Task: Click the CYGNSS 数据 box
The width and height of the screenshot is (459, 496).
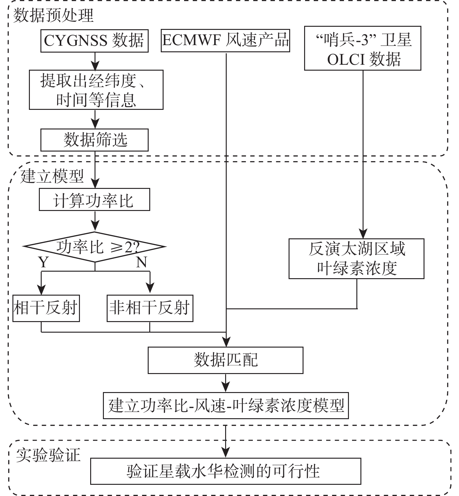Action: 94,41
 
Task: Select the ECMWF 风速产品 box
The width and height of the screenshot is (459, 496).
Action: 225,40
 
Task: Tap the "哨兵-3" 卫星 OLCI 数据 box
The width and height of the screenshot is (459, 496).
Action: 363,48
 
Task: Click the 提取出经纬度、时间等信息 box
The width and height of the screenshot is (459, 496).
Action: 96,90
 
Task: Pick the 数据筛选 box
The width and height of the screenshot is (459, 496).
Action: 94,140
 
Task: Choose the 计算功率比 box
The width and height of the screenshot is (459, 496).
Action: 94,199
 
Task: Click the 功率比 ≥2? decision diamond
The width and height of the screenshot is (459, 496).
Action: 95,247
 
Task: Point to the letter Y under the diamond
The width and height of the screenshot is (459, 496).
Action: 43,262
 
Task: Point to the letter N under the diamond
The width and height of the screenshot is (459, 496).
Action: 141,262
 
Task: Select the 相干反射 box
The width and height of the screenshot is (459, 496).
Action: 46,308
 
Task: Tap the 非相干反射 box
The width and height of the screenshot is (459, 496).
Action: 150,308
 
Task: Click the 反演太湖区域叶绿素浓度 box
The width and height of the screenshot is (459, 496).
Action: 356,259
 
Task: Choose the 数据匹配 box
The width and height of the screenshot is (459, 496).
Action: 225,360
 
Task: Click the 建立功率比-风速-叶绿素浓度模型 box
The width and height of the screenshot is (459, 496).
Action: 226,406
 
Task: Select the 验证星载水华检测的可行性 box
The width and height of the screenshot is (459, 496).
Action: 225,471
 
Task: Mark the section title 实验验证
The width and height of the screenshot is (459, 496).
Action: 48,455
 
